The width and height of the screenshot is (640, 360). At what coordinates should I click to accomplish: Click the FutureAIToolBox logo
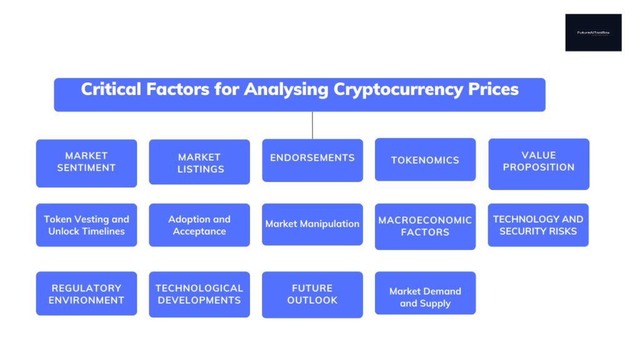coord(593,32)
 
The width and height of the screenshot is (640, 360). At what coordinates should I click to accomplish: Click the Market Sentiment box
coord(86,162)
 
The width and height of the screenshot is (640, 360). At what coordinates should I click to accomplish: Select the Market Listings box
coord(199,162)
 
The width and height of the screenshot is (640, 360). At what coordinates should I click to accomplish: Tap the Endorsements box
coord(312,159)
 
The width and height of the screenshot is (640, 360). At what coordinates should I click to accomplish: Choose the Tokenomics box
coord(425,160)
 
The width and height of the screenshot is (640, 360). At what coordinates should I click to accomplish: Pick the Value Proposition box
coord(539,163)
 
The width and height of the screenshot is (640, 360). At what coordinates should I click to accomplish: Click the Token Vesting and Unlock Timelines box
coord(86,225)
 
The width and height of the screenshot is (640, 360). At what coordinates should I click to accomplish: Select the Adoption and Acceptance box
coord(199,225)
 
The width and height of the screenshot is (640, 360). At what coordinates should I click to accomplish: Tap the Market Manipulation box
coord(312,224)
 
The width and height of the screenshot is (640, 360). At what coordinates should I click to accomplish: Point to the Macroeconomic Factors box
coord(425,226)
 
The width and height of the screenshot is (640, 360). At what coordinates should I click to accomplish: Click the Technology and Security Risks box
coord(538,225)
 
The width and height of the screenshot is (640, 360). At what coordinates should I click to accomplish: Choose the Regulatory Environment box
coord(86,294)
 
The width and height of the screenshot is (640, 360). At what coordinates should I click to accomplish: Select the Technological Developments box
coord(199,294)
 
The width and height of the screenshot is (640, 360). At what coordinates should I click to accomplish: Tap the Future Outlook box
coord(312,294)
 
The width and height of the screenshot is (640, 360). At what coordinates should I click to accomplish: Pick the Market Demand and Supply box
coord(425,297)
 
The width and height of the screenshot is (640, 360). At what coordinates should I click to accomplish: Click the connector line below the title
coord(312,125)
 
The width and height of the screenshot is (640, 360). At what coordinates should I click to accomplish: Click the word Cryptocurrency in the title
coord(399,89)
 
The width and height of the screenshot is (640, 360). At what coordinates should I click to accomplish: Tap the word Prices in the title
coord(494,89)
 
